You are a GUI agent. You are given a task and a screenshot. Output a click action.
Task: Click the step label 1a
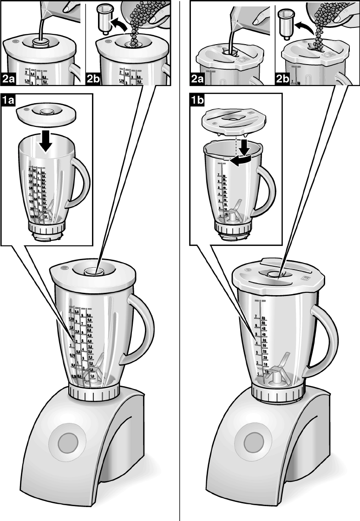point(9,100)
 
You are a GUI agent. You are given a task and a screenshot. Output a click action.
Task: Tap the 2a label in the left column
point(9,79)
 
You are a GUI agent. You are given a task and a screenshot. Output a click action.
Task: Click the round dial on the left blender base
point(67,440)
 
